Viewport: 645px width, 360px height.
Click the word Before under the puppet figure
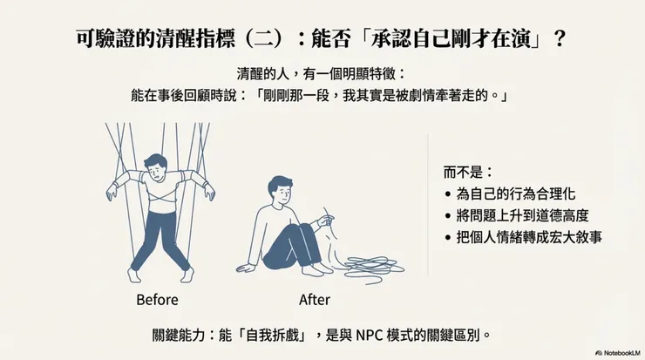[x=157, y=300]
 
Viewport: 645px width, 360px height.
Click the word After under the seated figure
[x=315, y=300]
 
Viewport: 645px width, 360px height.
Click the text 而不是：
[x=469, y=172]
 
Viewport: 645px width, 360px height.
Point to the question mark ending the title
[x=559, y=40]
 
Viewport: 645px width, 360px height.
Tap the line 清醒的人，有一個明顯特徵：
[x=322, y=75]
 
